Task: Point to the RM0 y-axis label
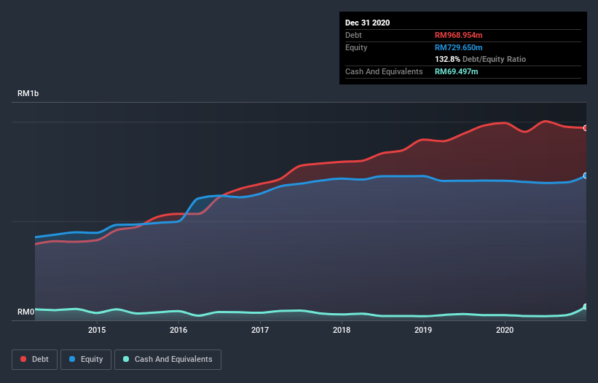pyautogui.click(x=25, y=312)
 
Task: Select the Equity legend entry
pyautogui.click(x=86, y=359)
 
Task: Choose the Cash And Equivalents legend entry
pyautogui.click(x=168, y=359)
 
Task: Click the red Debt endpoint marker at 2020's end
pyautogui.click(x=586, y=128)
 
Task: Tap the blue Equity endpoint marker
pyautogui.click(x=586, y=175)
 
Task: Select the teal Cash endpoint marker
pyautogui.click(x=586, y=307)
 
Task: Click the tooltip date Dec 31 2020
pyautogui.click(x=367, y=23)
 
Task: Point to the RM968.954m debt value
pyautogui.click(x=458, y=35)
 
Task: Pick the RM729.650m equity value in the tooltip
pyautogui.click(x=458, y=47)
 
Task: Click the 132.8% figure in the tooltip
pyautogui.click(x=447, y=59)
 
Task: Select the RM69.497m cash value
pyautogui.click(x=456, y=71)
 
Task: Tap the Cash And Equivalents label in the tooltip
pyautogui.click(x=384, y=71)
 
